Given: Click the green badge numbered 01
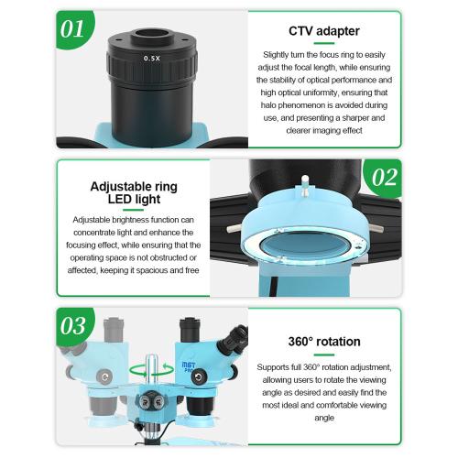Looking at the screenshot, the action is pos(73,29).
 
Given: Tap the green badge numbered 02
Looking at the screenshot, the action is pos(384,177).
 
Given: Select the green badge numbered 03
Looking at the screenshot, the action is pos(74,325).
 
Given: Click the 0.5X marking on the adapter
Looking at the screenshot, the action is pos(152,58).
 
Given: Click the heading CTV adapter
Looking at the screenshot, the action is pos(324,31).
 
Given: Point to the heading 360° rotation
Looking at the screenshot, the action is pos(324,342).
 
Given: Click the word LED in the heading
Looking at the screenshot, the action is pos(120,199).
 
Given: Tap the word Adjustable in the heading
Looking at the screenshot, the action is pos(117,187).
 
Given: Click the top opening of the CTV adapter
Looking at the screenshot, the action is pos(152,33).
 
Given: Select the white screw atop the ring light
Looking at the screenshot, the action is pos(305,185).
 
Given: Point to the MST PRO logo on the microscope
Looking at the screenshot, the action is pos(189,367).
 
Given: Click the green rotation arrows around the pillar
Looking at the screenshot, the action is pos(152,370).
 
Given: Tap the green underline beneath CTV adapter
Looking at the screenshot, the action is pos(324,43).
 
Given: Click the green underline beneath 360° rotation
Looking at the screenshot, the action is pos(324,354).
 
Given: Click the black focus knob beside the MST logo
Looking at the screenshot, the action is pos(199,376).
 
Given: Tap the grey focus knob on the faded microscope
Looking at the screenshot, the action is pos(104,376).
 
